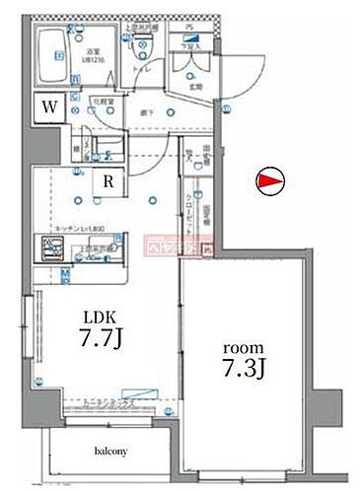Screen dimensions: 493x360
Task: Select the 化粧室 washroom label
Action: (x=100, y=100)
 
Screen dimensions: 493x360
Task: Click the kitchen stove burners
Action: (x=49, y=250)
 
